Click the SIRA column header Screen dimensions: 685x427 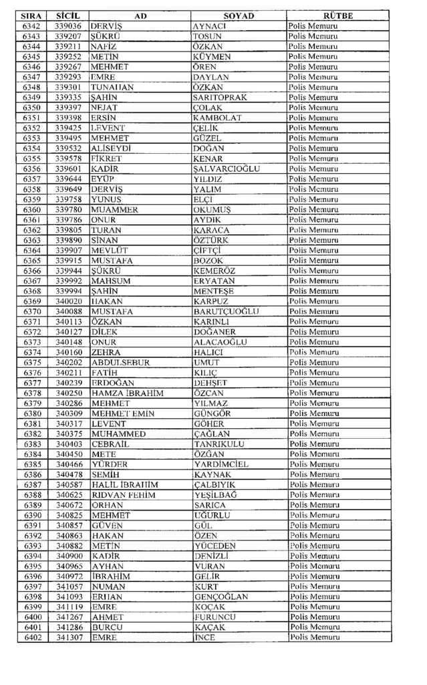(x=31, y=15)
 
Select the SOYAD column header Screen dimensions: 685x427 (x=239, y=15)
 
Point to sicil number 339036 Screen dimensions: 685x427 (x=68, y=26)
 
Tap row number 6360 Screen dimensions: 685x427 (x=31, y=210)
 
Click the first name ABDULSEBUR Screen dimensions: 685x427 (x=120, y=363)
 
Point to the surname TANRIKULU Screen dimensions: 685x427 (x=219, y=444)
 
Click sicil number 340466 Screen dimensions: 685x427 (x=68, y=464)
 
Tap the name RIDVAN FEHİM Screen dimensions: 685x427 (x=123, y=495)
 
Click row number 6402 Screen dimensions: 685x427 (x=31, y=638)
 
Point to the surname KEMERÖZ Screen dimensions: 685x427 (x=215, y=271)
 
